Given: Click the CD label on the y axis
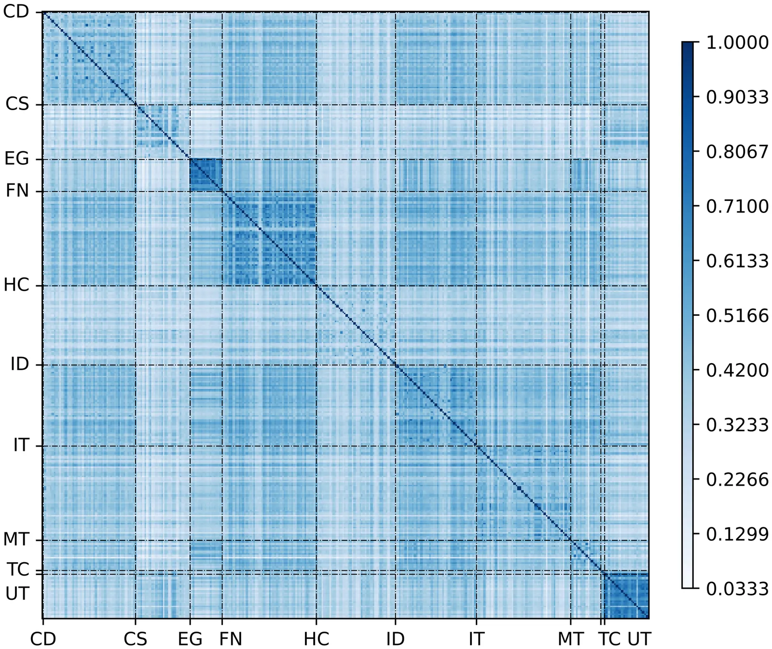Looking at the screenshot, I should [16, 12].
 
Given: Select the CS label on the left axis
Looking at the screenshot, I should [17, 104].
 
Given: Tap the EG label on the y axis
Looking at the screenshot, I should [17, 158].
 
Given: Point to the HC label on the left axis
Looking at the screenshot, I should [16, 285].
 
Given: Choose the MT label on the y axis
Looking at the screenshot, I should [16, 539].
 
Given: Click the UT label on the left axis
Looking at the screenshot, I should [17, 593].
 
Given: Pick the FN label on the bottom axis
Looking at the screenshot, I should [231, 638].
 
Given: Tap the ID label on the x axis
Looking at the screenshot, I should [395, 638].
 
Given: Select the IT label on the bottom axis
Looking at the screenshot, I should [476, 638].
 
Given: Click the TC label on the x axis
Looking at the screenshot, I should [610, 638].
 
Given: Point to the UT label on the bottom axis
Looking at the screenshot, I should [639, 638].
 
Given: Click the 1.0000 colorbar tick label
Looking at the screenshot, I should [737, 42].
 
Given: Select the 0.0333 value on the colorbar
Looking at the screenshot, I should [737, 589].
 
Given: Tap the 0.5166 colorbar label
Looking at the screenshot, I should [737, 315].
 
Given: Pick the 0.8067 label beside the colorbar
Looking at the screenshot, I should [737, 152].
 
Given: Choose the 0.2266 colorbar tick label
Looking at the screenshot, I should [737, 480].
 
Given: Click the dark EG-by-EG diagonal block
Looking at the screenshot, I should [206, 175].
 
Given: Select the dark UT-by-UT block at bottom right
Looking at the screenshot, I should [626, 595].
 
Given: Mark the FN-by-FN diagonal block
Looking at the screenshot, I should [269, 239].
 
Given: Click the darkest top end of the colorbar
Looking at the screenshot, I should [688, 45].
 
